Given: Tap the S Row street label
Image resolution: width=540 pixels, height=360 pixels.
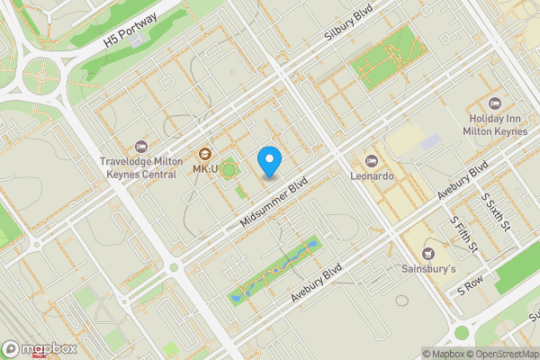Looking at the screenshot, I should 470,289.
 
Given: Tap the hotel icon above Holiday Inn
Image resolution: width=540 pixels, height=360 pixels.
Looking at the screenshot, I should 494,101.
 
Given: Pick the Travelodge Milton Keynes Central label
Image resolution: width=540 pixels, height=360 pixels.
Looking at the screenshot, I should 138,168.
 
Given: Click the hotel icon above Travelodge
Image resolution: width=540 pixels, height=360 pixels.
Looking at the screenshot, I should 139,146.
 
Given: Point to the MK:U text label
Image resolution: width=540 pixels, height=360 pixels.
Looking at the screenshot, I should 205,169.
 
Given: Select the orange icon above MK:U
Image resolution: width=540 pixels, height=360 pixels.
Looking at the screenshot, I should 205,153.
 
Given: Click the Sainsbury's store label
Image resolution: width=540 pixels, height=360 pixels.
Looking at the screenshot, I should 428,269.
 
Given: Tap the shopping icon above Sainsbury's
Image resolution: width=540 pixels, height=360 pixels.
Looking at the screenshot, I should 428,253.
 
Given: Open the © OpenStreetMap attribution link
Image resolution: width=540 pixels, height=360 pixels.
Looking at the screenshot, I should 505,354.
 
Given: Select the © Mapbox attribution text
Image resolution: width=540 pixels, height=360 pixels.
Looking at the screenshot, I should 445,354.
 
